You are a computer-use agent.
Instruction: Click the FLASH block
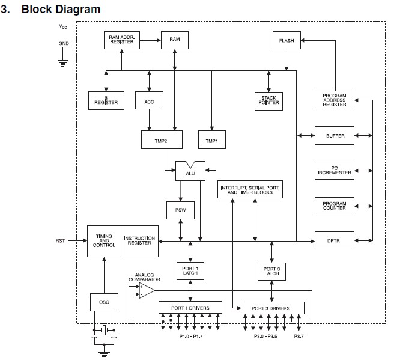coord(286,40)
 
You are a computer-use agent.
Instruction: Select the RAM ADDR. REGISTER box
coord(122,40)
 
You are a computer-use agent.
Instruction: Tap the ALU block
coord(190,171)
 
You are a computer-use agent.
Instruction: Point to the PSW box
coord(180,210)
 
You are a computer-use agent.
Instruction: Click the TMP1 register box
coord(212,139)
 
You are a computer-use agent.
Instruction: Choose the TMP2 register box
coord(162,139)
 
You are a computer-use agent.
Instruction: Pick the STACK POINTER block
coord(268,101)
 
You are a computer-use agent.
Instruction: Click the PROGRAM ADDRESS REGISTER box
coord(335,100)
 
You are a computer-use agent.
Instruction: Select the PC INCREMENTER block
coord(335,171)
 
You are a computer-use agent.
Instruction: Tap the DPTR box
coord(335,240)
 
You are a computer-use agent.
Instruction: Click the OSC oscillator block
coord(104,302)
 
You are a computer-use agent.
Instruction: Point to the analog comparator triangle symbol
coord(147,291)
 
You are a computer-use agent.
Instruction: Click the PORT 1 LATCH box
coord(190,271)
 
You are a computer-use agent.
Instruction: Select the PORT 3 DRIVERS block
coord(273,308)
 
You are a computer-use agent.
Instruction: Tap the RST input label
coord(61,241)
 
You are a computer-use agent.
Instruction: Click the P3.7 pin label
coord(298,336)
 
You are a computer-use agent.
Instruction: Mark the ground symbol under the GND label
coord(63,63)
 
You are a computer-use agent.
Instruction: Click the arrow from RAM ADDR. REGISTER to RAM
coord(150,40)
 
